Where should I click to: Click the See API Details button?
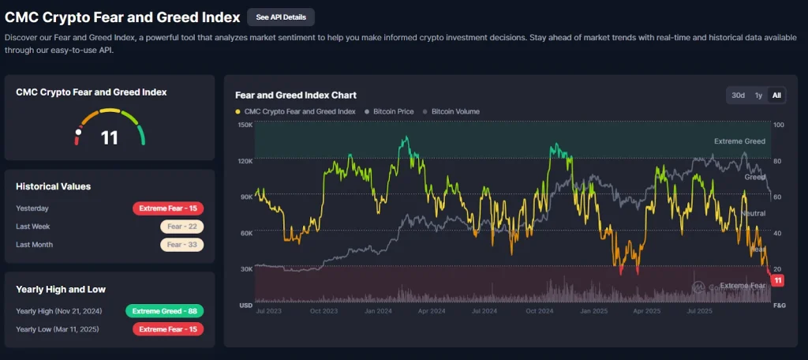pos(281,17)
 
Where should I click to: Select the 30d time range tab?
pos(738,96)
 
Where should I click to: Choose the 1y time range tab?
pos(758,96)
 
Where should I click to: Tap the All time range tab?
pos(777,96)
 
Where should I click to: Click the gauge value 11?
pos(110,138)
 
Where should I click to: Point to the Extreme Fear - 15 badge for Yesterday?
pos(168,208)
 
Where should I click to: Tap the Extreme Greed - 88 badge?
pos(164,311)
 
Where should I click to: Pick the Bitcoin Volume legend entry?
pos(454,112)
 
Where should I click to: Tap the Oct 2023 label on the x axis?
pos(324,312)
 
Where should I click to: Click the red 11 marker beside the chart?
pos(778,281)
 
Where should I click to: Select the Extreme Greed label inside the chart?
pos(739,141)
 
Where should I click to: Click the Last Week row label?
pos(33,227)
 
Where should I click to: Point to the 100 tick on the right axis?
pos(779,126)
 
